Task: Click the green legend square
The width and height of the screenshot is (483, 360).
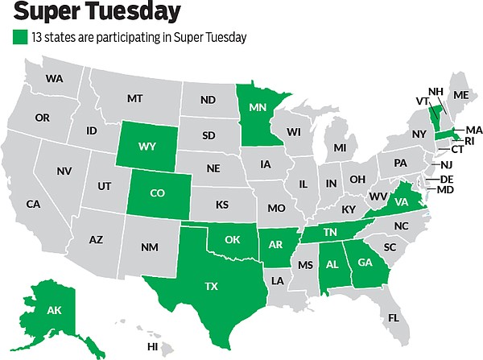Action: click(19, 36)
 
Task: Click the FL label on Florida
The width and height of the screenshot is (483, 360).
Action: click(393, 317)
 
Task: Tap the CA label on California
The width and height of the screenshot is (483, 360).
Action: click(33, 204)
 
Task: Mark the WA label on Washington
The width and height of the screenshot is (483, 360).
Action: click(55, 79)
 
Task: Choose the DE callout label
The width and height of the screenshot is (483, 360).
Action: click(445, 179)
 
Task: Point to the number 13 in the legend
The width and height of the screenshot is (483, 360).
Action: click(36, 36)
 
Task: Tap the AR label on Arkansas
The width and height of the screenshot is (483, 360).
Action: click(274, 243)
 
